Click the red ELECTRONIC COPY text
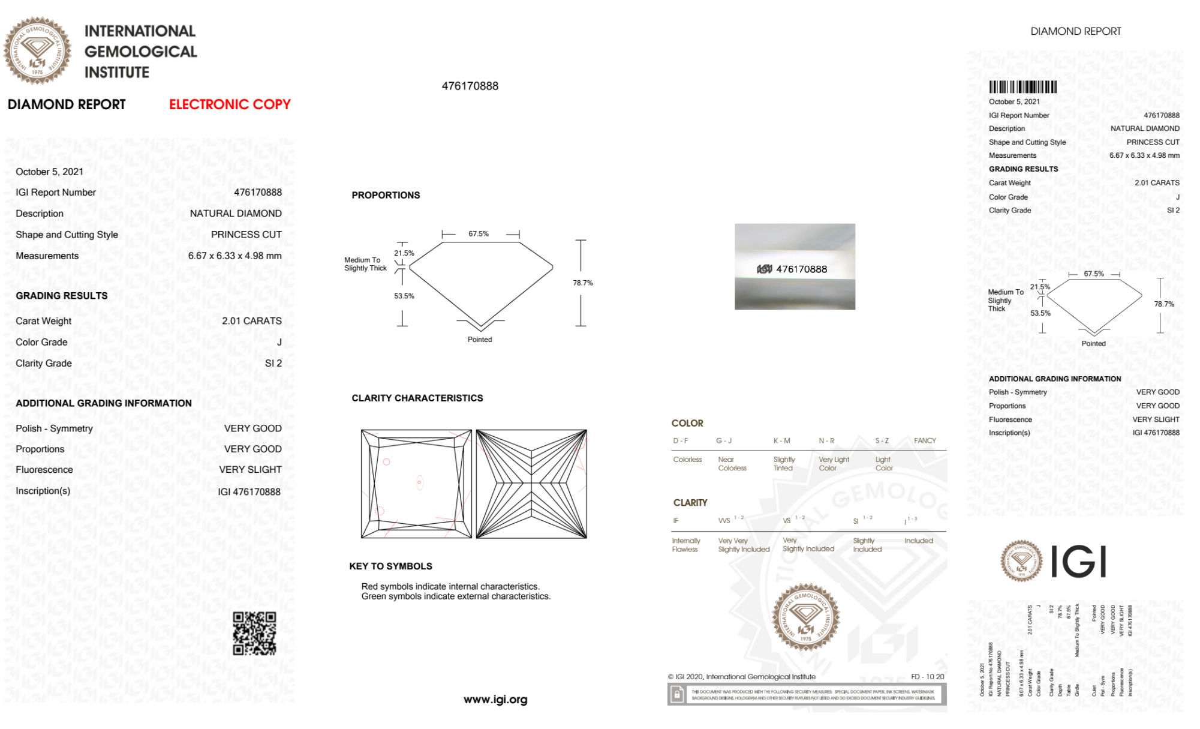pos(230,104)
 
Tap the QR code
pos(254,633)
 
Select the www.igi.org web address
pos(495,700)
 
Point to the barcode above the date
pos(1022,86)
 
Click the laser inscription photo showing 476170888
pos(795,267)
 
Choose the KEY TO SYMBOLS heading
pos(390,566)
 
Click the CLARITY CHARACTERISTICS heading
pos(417,398)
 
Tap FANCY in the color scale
pos(925,441)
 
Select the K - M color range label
pos(781,441)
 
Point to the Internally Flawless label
pos(685,545)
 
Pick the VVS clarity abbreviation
pos(724,521)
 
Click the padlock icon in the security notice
pos(677,695)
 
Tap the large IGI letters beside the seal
pos(1079,562)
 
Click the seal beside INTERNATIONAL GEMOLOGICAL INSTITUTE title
pos(37,51)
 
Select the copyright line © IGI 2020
pos(741,677)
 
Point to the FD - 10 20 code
pos(927,677)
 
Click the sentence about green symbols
pos(456,596)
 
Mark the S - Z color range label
pos(882,441)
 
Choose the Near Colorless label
pos(732,464)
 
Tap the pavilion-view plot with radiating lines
pos(531,484)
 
